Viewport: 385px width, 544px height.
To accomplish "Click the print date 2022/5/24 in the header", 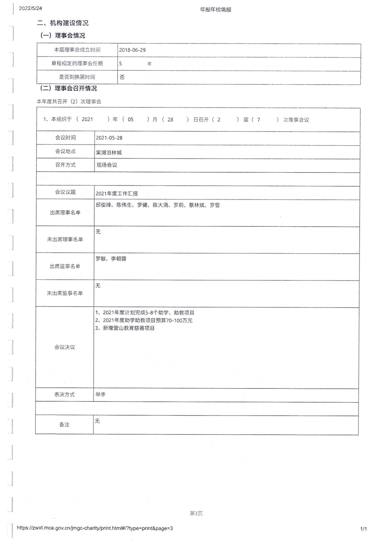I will [x=30, y=8].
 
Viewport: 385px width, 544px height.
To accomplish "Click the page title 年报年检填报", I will [x=215, y=10].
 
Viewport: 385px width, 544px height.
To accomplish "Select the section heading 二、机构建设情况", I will [x=63, y=23].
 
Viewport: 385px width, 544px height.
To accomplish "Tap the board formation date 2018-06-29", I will [x=132, y=50].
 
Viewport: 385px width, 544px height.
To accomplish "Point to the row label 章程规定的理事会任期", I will [x=77, y=63].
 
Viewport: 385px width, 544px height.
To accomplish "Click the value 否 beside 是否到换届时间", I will [x=122, y=77].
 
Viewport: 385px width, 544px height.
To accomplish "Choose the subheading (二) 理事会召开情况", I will [x=68, y=88].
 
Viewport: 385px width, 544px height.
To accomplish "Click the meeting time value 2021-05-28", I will [x=109, y=138].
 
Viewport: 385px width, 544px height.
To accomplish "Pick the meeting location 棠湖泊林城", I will [x=109, y=153].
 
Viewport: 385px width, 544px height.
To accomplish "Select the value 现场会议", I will [x=107, y=165].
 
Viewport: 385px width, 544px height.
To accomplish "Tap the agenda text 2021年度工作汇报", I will [x=117, y=194].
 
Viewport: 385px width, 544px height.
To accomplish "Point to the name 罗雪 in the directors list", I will [x=215, y=205].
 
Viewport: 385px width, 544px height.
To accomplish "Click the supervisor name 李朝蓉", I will [x=118, y=259].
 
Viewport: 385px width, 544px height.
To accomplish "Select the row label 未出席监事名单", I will [x=65, y=293].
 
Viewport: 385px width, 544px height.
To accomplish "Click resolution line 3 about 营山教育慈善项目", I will [x=125, y=328].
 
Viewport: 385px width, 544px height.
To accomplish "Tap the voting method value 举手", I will [x=100, y=395].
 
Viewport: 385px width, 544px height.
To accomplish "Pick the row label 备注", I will [x=64, y=425].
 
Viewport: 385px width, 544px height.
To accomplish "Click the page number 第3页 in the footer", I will [x=196, y=513].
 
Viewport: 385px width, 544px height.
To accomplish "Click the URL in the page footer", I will [x=95, y=528].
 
